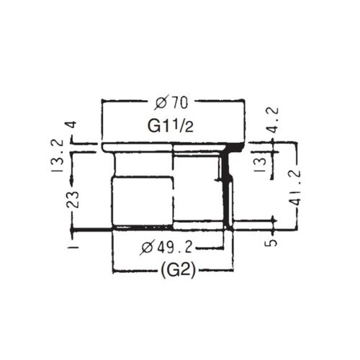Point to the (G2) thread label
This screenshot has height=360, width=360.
tap(173, 272)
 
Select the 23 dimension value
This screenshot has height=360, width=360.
tap(73, 199)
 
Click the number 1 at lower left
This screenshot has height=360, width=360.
tap(73, 245)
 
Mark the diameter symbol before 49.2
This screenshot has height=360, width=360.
tap(148, 248)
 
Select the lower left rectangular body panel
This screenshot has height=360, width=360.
tap(143, 202)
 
